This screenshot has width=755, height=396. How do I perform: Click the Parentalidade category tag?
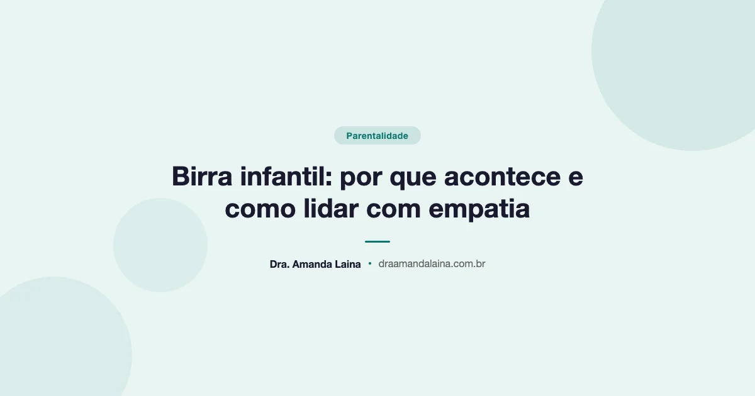(377, 136)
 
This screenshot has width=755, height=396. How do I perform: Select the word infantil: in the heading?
(284, 177)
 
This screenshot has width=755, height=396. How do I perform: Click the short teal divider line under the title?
(377, 241)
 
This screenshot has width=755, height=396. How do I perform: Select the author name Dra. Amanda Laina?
(315, 265)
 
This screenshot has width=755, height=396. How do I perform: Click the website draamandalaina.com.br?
(432, 265)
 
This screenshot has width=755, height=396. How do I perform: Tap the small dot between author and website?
(370, 264)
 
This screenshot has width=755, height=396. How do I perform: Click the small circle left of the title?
(160, 245)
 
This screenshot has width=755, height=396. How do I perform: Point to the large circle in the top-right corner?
(686, 57)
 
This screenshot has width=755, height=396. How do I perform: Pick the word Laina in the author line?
(348, 265)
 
